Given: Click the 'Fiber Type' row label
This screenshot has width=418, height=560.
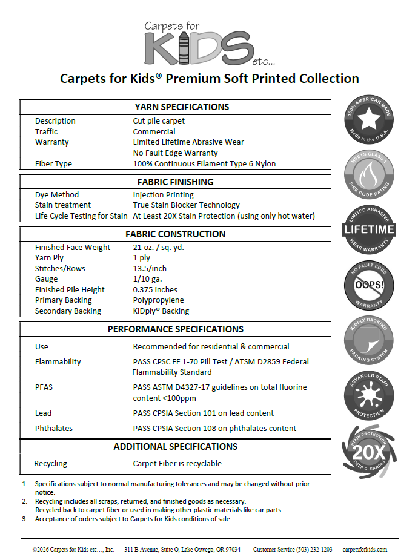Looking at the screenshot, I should [53, 163].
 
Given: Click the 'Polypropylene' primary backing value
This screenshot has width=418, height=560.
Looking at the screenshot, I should [158, 300].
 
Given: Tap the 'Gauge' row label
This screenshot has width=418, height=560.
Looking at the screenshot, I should [46, 279].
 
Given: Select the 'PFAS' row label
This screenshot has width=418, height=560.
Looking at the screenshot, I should [44, 387].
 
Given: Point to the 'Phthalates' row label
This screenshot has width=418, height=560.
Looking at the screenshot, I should [54, 428].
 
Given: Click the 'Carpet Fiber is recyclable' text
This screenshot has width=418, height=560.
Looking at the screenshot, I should [177, 463].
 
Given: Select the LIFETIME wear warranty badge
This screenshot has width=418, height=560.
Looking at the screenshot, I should [370, 229].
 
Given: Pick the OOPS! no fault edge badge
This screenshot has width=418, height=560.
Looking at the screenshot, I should [370, 285].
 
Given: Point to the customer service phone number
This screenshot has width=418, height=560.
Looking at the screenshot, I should [293, 550].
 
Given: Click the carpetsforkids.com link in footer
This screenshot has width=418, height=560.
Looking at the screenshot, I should [365, 550].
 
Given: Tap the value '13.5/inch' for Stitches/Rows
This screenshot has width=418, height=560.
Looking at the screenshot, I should [150, 268].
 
